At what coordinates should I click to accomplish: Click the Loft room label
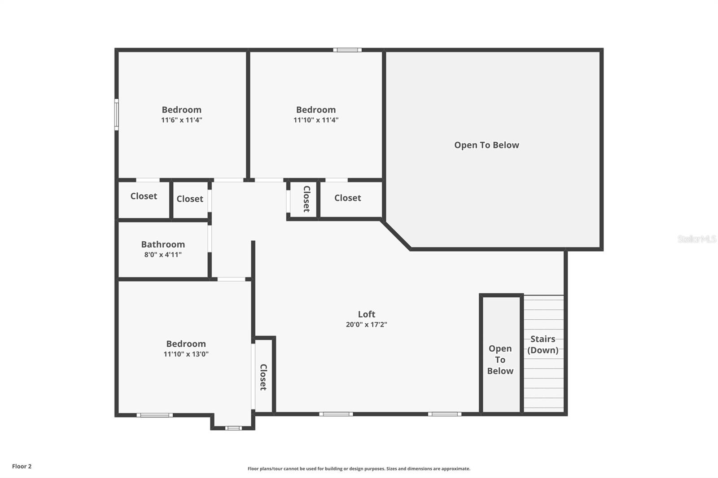tap(366, 314)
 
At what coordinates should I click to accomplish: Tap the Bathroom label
tap(163, 244)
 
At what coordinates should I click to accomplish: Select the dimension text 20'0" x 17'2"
tap(366, 325)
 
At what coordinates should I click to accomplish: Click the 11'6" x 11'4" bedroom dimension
tap(181, 120)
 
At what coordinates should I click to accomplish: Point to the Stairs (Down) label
tap(543, 344)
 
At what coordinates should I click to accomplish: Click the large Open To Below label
tap(486, 145)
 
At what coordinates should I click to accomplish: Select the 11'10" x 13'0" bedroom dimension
tap(186, 354)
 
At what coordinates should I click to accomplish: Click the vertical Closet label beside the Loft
tap(263, 377)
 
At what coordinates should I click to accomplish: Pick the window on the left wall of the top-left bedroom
tap(117, 115)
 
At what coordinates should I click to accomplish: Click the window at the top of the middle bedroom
tap(347, 50)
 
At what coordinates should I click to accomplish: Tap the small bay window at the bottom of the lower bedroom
tap(233, 428)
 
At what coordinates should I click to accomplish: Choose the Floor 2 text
tap(22, 466)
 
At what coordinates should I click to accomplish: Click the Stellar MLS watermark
tap(696, 239)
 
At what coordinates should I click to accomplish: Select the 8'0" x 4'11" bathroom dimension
tap(163, 255)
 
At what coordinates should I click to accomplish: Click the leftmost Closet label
tap(144, 196)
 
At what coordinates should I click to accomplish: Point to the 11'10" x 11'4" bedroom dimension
tap(316, 120)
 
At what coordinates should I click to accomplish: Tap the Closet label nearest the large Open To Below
tap(347, 198)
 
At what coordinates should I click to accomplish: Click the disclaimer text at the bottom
tap(359, 469)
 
